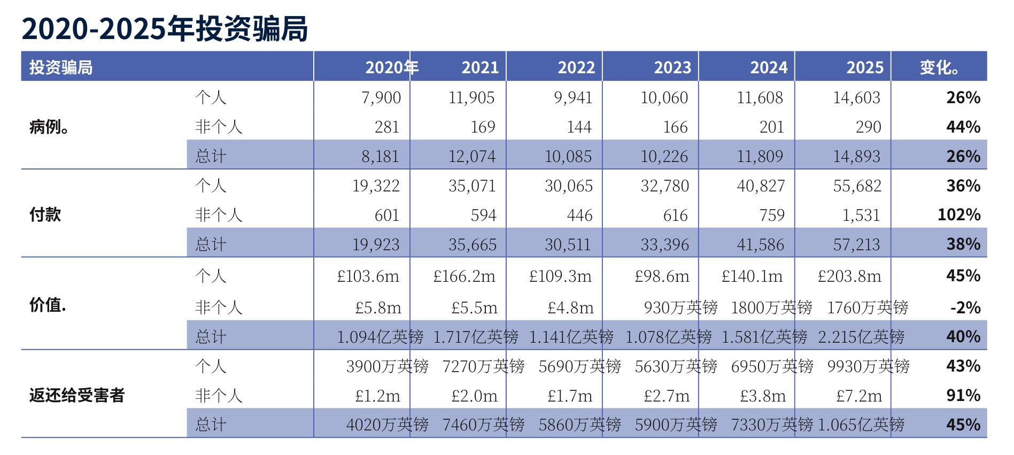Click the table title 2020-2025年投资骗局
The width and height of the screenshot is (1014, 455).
165,29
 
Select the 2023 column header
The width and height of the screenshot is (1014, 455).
672,67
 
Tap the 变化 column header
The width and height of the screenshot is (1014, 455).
939,67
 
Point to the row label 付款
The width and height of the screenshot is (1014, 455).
45,215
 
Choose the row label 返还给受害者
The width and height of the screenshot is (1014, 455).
77,396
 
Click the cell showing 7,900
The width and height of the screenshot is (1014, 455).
381,98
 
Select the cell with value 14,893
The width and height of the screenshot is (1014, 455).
856,157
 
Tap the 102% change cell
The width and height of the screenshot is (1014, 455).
959,215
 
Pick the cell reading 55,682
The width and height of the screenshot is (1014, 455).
857,186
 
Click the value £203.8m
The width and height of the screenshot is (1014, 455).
849,276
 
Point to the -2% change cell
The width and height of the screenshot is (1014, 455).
965,308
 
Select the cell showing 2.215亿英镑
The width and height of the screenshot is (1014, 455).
861,337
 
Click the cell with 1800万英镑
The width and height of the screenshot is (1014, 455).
771,308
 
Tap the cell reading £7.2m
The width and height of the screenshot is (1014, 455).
859,396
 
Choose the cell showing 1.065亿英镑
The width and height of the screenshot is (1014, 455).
861,425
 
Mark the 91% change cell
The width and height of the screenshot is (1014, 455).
963,396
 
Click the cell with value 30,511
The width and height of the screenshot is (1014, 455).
568,245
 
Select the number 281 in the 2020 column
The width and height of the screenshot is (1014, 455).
387,127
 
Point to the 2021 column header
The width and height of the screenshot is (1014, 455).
480,67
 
